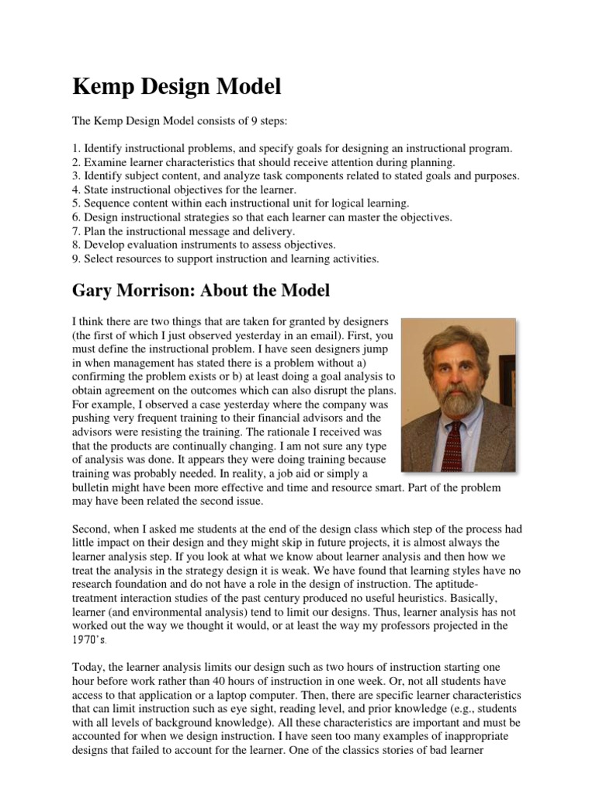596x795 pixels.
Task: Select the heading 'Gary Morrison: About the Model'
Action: click(201, 291)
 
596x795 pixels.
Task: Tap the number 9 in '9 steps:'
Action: click(232, 123)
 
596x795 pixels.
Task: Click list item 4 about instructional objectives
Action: click(184, 189)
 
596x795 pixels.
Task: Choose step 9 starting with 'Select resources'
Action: click(225, 259)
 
